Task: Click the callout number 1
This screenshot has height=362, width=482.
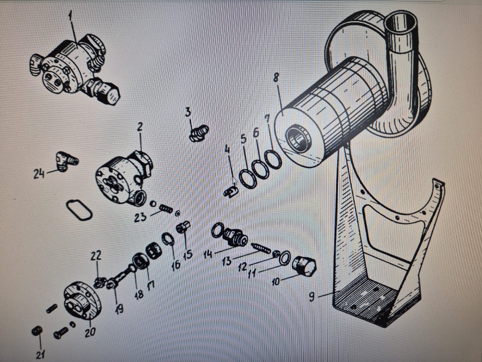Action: tap(70, 16)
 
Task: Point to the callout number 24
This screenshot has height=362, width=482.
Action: tap(39, 173)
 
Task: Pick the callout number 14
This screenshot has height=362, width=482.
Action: tap(208, 254)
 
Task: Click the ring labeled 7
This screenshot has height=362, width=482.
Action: tap(273, 160)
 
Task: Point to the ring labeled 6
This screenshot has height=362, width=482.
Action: tap(261, 170)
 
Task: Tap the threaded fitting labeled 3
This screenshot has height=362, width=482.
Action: tap(199, 133)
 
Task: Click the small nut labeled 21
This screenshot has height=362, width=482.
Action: tap(37, 331)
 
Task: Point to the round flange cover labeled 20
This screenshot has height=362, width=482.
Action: tap(83, 301)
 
